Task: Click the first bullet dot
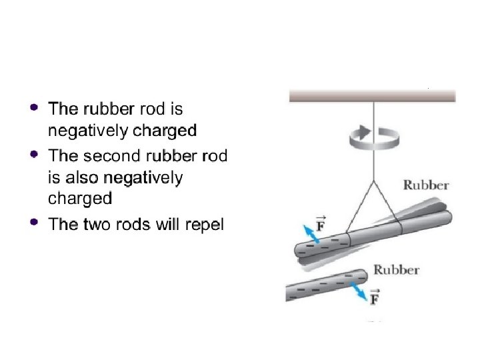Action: pyautogui.click(x=34, y=107)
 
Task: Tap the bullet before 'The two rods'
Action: pyautogui.click(x=34, y=221)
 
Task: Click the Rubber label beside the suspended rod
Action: pyautogui.click(x=426, y=185)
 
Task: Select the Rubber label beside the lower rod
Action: pyautogui.click(x=396, y=270)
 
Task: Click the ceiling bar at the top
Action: pyautogui.click(x=372, y=96)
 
